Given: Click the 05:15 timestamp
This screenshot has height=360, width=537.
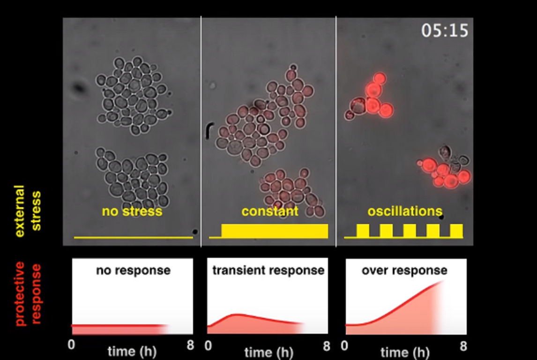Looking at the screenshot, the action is tap(445, 30).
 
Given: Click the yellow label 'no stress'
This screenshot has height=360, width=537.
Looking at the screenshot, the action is tap(132, 211).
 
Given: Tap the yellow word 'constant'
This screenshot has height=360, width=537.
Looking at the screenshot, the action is tap(270, 211).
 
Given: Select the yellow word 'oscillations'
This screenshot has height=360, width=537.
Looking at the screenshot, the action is tap(405, 211).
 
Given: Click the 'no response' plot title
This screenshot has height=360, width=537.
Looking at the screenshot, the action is tap(133, 270).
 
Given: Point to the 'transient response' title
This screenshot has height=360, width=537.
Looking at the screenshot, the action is tap(268, 270).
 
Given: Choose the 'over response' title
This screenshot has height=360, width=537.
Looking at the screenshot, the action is tap(404, 270).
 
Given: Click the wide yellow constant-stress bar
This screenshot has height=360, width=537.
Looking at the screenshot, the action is tap(275, 231).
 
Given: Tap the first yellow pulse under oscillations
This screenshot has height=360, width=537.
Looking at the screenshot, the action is tap(363, 231).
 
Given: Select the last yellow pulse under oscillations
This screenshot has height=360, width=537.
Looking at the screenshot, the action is tap(456, 231).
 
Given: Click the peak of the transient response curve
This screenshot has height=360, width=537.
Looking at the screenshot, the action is tap(236, 314).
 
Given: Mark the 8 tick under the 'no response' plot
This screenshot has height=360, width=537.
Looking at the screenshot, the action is tap(190, 345).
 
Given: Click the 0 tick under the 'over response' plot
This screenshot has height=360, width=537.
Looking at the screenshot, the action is tap(344, 345).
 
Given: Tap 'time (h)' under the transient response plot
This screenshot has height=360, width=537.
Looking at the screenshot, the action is tap(269, 352).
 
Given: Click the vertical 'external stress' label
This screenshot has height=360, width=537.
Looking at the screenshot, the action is tap(27, 211).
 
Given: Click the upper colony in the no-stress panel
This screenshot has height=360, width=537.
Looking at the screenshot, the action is tap(134, 95).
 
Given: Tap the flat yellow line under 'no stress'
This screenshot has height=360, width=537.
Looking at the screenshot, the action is tap(134, 237).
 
